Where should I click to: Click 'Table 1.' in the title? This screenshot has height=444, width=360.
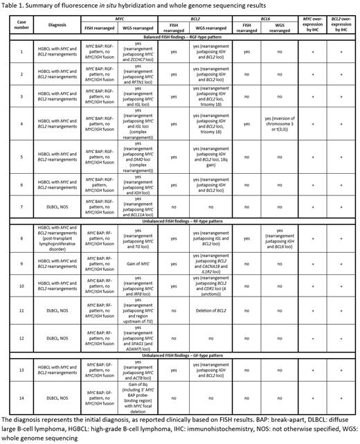point(13,6)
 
